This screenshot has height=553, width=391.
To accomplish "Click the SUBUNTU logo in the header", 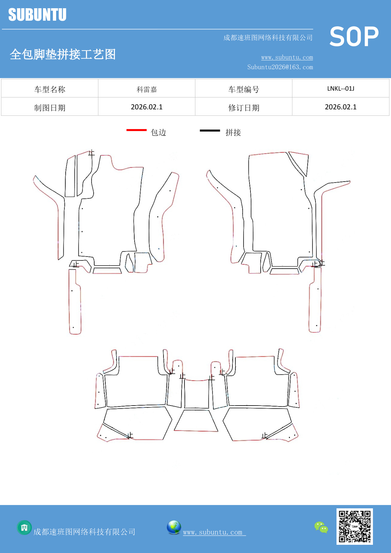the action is click(37, 14).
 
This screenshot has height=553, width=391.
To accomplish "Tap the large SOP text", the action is click(354, 36).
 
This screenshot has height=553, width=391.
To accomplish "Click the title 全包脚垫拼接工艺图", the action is click(63, 54).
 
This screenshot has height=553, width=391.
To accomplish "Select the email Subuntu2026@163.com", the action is click(280, 67).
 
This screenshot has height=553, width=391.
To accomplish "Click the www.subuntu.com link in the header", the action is click(287, 57).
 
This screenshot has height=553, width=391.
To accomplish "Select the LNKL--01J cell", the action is click(341, 88).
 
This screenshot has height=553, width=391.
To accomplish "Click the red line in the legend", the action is click(137, 130).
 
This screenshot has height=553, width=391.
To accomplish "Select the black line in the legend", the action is click(210, 130).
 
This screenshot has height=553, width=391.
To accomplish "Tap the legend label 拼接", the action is click(233, 133).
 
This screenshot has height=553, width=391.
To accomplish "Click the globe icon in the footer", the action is click(174, 527).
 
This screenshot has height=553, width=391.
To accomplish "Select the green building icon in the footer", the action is click(24, 528).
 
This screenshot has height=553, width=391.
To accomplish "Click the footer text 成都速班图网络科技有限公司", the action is click(84, 532).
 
